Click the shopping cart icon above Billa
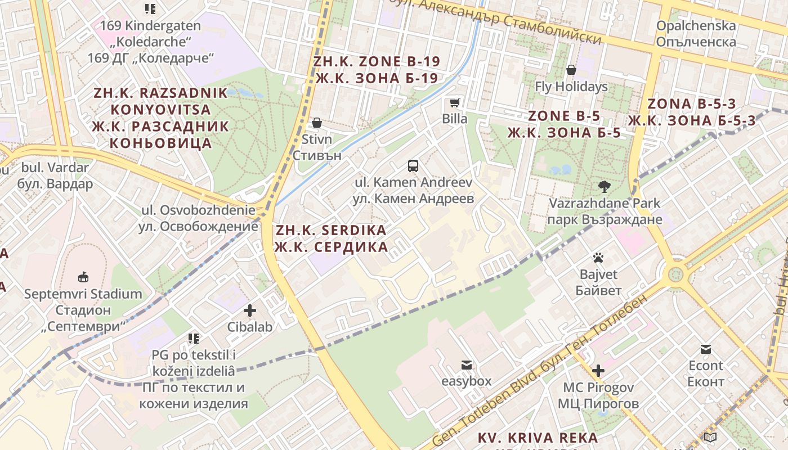[x=454, y=103]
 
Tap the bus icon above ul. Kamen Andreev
[x=413, y=166]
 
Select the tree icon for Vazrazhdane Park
[x=605, y=186]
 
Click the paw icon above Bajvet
[x=598, y=258]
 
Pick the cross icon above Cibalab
[x=250, y=310]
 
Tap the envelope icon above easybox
[x=466, y=365]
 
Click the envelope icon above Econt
[x=706, y=349]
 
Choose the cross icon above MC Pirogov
[x=598, y=371]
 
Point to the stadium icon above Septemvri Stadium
[x=83, y=277]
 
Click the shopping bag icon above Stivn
[x=317, y=123]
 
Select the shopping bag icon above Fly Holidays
[x=571, y=70]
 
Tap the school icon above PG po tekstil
[x=194, y=338]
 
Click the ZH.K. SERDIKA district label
[x=331, y=238]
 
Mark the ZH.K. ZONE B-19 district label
[x=377, y=70]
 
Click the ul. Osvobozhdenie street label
[x=198, y=218]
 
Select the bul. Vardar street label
[x=55, y=175]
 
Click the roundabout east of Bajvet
[x=674, y=274]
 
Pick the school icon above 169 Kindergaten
[x=150, y=8]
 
